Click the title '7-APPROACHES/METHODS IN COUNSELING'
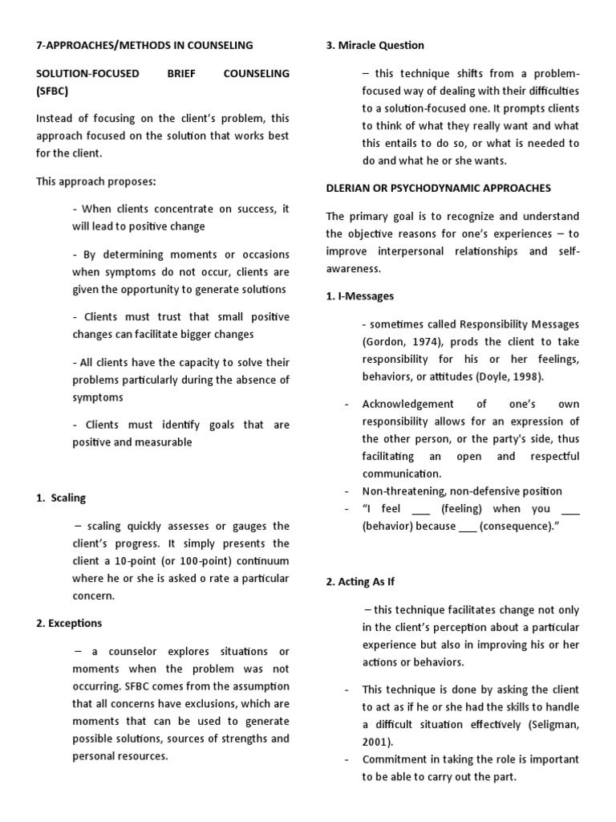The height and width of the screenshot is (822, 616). pos(144,45)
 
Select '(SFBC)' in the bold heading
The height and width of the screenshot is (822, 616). pos(54,91)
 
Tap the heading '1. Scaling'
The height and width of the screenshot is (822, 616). pos(61,498)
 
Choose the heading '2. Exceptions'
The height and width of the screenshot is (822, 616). pos(69,623)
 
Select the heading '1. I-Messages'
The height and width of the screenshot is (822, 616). pos(360,296)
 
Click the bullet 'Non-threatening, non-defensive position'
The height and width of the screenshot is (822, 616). pos(462,490)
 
